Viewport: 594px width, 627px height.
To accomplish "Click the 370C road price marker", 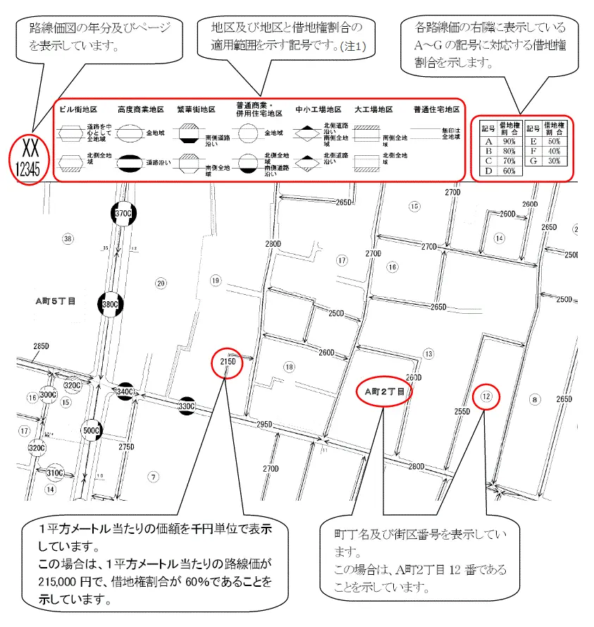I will [123, 213].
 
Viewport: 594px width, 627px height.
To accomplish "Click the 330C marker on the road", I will [186, 406].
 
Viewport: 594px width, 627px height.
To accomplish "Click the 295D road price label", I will [264, 424].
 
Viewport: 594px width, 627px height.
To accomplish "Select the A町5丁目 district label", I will [56, 300].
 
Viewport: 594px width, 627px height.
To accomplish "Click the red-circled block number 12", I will [485, 396].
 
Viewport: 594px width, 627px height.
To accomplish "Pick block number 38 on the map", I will [68, 238].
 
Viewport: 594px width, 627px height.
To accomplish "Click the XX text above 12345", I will [30, 150].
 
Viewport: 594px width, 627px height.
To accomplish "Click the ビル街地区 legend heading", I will [78, 110].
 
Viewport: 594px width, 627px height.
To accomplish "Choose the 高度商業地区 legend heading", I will [141, 110].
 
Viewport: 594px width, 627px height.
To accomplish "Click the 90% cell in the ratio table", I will [509, 141].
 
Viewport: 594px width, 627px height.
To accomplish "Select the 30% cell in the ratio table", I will [555, 160].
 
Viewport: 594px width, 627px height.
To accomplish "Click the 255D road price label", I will [462, 411].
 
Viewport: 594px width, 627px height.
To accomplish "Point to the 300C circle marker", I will [48, 395].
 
